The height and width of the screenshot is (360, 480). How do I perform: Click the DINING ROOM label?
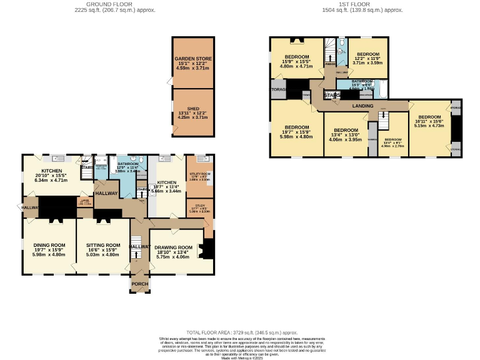point(49,245)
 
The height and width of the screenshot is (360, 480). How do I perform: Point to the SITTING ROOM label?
point(103,245)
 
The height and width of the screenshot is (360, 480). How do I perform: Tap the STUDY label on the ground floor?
point(200,206)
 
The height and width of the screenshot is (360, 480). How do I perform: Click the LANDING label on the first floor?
point(362,106)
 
